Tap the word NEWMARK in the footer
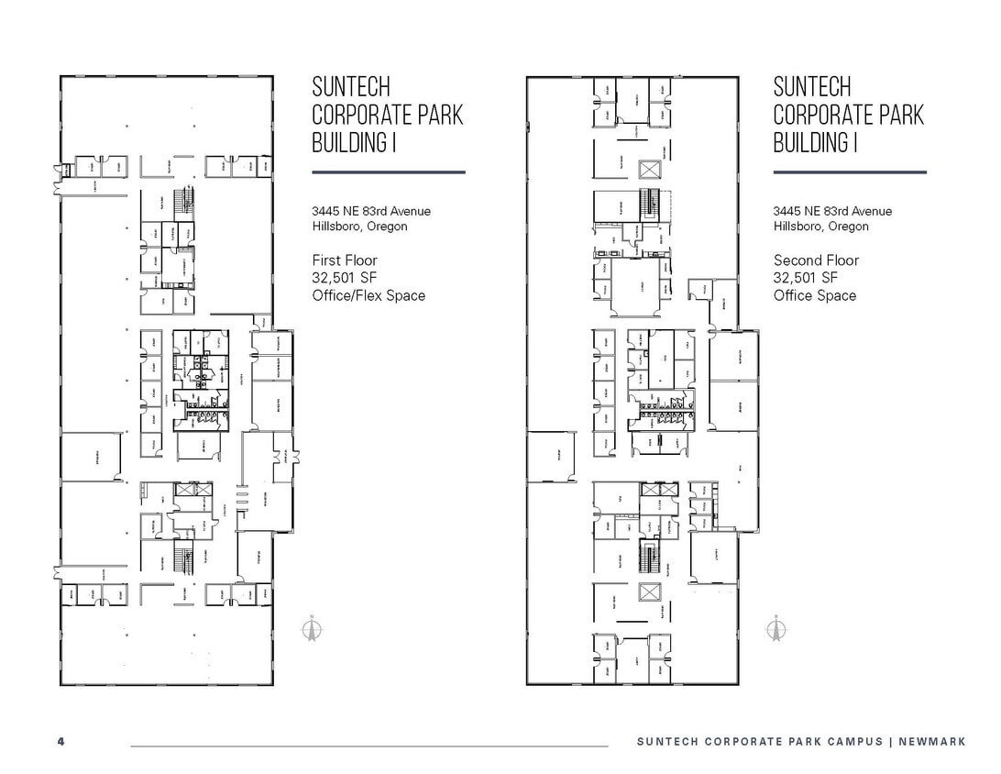tap(932, 741)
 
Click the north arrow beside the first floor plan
tap(312, 629)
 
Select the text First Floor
tap(344, 260)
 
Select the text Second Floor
tap(816, 260)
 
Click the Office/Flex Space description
tap(368, 295)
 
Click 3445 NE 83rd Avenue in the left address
tap(370, 211)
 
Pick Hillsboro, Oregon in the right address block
tap(820, 227)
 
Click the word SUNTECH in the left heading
tap(351, 88)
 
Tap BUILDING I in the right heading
tap(815, 143)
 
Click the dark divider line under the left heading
tap(388, 171)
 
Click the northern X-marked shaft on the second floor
tap(650, 170)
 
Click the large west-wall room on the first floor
tap(92, 456)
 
